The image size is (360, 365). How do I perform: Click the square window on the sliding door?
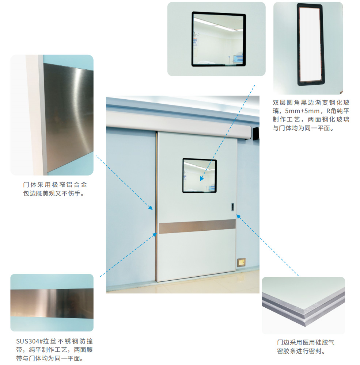(x=200, y=176)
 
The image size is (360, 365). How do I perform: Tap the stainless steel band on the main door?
(x=197, y=226)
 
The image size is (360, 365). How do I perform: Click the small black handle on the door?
(x=232, y=207)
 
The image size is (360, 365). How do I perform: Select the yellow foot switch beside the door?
(x=241, y=262)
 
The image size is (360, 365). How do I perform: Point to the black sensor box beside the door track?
(x=256, y=133)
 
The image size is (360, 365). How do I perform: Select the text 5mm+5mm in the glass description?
(x=302, y=111)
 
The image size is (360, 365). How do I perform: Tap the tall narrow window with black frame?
(x=310, y=45)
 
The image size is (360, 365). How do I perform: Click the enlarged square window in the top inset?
(x=219, y=39)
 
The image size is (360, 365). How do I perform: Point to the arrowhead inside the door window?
(x=202, y=178)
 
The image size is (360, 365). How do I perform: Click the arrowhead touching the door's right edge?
(x=239, y=217)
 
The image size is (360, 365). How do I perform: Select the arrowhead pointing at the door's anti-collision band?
(x=155, y=235)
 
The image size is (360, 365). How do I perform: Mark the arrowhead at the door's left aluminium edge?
(x=151, y=208)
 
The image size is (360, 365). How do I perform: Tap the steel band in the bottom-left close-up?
(x=52, y=303)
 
